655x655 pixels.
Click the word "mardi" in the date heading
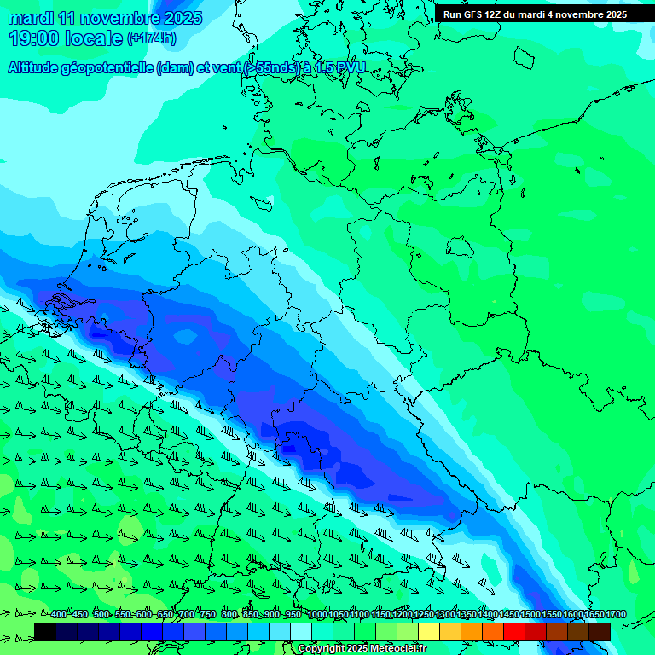pos(31,18)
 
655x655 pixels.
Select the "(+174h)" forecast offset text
pos(151,38)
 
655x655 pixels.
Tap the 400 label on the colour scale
pos(58,614)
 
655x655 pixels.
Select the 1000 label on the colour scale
pos(317,614)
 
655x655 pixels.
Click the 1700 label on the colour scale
pos(616,614)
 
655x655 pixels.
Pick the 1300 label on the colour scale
pos(445,614)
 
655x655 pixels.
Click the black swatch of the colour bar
pos(45,631)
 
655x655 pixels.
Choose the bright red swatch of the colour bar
pos(514,631)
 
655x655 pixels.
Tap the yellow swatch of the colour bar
pos(429,631)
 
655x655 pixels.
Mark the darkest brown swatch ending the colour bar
pos(600,631)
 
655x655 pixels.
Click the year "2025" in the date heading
pos(181,18)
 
